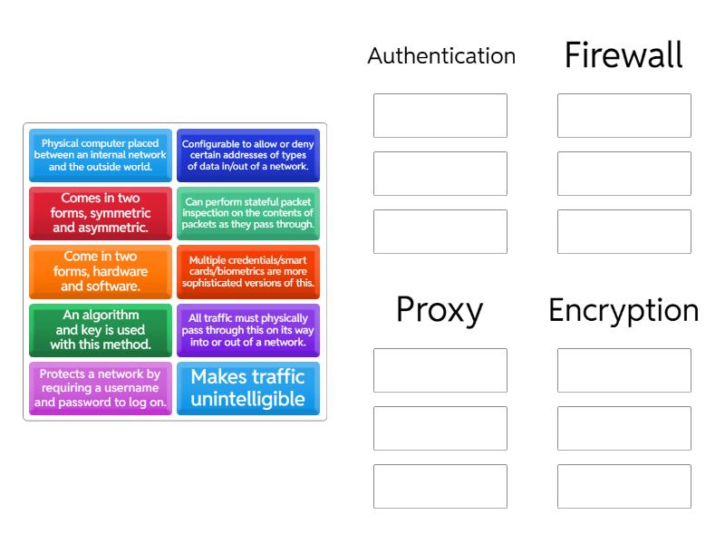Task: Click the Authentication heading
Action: click(441, 56)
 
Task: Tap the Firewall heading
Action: click(623, 55)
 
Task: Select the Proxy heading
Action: click(440, 310)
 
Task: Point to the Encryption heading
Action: click(623, 310)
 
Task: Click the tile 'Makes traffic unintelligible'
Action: click(248, 389)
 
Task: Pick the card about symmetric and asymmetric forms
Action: click(101, 213)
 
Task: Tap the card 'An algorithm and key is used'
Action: click(101, 331)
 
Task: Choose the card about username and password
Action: click(101, 389)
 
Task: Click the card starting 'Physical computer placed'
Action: click(101, 155)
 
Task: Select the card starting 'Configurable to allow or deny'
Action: click(248, 155)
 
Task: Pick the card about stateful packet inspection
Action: click(248, 213)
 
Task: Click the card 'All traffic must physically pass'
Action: click(248, 331)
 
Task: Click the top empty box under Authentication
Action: click(440, 116)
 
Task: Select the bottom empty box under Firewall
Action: click(624, 232)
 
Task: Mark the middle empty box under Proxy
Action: click(440, 429)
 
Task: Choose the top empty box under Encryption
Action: click(624, 371)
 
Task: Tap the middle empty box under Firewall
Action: click(624, 174)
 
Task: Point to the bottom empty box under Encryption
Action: click(624, 487)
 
